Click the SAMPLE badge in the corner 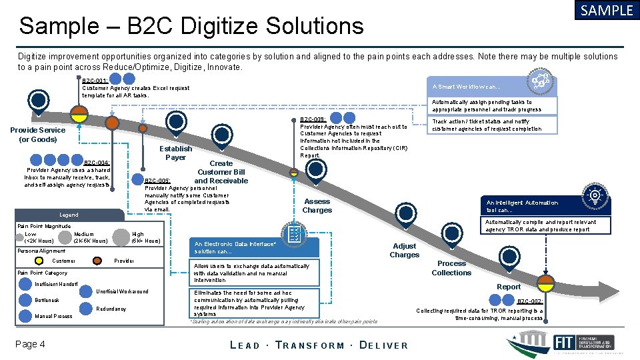point(606,11)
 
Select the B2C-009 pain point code point(313,120)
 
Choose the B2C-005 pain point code point(157,181)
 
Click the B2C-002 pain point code point(530,301)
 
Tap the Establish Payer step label point(175,153)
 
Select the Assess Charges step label point(317,206)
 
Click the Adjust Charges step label point(404,250)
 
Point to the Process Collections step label point(451,268)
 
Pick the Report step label point(509,287)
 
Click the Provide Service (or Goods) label point(38,135)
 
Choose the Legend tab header point(69,215)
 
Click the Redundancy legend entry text point(111,309)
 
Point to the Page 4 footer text point(33,344)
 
